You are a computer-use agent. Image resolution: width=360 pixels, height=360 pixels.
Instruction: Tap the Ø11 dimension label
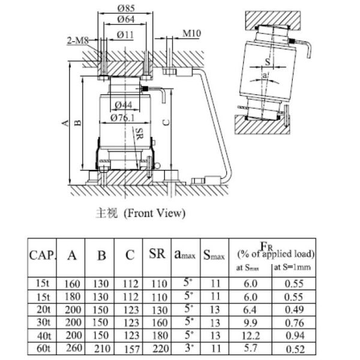coord(125,34)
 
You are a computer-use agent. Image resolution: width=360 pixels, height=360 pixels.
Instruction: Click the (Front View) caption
coord(154,213)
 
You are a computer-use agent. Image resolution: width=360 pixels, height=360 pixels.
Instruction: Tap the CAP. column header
coord(43,254)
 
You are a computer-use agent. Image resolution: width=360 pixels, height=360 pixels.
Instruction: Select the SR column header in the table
coord(157,254)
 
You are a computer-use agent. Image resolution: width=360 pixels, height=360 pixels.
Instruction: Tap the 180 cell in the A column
coord(72,296)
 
